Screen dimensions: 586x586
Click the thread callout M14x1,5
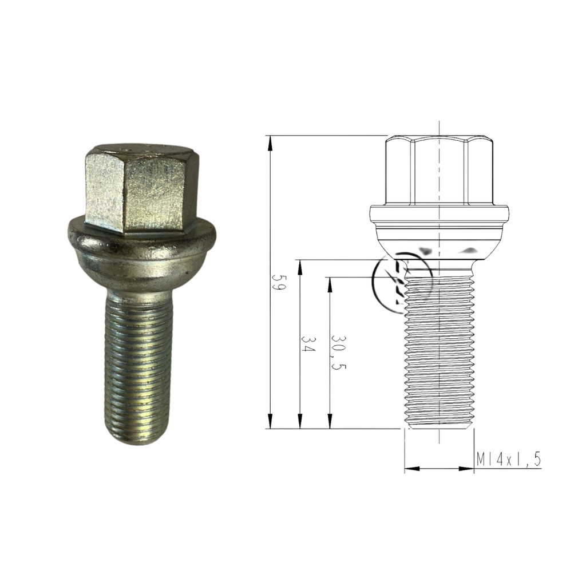pos(509,460)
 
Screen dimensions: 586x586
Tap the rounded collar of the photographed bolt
pos(141,254)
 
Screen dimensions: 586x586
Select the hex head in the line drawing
pos(439,171)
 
